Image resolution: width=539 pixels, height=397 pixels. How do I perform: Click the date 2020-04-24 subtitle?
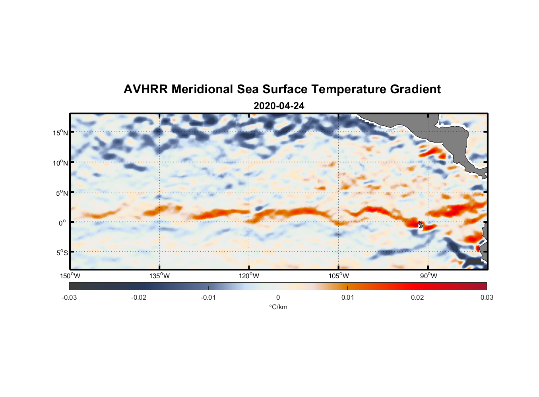coord(279,106)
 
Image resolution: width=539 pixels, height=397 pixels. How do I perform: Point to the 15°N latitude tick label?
coord(60,133)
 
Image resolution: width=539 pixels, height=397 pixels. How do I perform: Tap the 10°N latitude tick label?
coord(60,163)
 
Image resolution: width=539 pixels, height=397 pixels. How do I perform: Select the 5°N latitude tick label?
coord(62,193)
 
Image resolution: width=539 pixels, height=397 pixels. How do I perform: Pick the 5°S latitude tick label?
coord(62,253)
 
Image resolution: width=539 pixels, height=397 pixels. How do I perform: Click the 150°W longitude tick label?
coord(70,276)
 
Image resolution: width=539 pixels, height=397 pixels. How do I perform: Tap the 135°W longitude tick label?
coord(160,276)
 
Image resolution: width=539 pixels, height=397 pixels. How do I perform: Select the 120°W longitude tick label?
coord(249,276)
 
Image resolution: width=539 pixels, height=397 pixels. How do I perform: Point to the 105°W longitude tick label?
coord(339,276)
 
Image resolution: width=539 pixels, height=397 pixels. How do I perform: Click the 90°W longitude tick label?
coord(428,276)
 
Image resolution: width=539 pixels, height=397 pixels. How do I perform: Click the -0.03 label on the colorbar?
coord(69,297)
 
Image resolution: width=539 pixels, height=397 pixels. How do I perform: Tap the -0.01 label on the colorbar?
coord(208,297)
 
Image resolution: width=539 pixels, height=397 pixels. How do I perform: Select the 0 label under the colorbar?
coord(278,297)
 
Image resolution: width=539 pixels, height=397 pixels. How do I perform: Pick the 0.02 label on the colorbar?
coord(417,297)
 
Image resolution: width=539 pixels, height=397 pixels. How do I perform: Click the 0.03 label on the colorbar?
coord(487,297)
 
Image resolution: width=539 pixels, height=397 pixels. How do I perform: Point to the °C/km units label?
coord(278,307)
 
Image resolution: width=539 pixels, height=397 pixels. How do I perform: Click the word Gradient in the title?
coord(415,89)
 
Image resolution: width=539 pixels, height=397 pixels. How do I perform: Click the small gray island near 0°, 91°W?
coord(421,225)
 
